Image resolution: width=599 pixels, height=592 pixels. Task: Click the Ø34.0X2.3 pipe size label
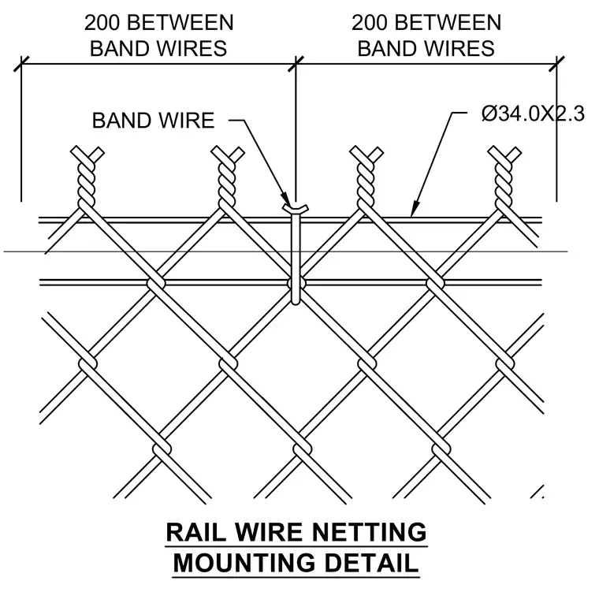point(533,114)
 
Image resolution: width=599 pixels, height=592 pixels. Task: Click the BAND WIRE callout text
point(153,121)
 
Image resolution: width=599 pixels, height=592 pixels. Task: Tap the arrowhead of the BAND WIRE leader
point(287,199)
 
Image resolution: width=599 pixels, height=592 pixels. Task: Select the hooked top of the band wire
point(296,209)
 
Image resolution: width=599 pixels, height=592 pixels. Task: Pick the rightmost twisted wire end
point(504,177)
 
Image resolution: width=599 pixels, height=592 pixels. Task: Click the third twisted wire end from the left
point(366,177)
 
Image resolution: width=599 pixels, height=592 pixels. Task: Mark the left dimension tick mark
point(21,64)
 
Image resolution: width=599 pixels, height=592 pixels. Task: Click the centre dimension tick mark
point(296,64)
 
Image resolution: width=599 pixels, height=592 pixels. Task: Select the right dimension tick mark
point(556,64)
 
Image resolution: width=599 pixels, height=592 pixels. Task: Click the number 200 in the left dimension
point(102,23)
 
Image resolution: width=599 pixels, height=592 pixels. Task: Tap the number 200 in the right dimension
point(369,23)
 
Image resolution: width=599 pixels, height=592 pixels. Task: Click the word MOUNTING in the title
point(245,563)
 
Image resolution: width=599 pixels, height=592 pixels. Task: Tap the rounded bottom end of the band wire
point(296,301)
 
